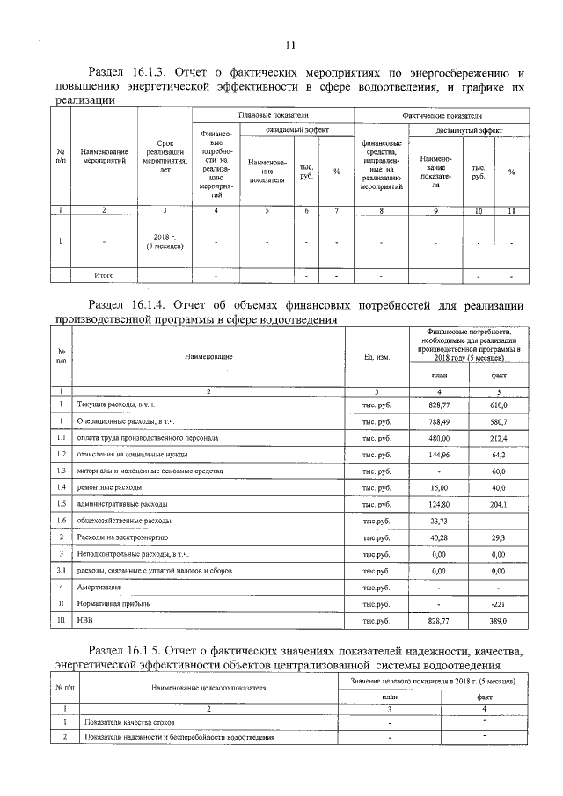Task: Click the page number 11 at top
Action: (290, 46)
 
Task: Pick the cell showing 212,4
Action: (498, 437)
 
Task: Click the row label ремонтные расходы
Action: (111, 487)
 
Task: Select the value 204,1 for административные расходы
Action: (498, 504)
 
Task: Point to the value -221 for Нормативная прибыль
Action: (498, 604)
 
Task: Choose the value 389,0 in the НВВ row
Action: (498, 621)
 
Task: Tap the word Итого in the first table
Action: (104, 275)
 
